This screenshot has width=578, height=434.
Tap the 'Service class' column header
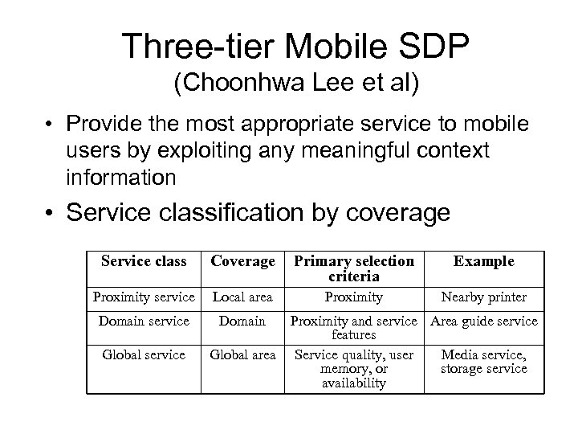pyautogui.click(x=144, y=261)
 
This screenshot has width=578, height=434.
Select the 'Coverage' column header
pyautogui.click(x=242, y=261)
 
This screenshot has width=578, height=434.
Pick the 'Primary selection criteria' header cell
pyautogui.click(x=354, y=268)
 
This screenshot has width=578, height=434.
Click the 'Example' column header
pyautogui.click(x=483, y=261)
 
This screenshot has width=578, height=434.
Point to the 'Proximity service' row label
pyautogui.click(x=144, y=297)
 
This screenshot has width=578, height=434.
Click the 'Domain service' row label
pyautogui.click(x=144, y=321)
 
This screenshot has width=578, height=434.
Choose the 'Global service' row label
pyautogui.click(x=144, y=354)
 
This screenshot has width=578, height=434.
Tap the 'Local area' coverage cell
pyautogui.click(x=242, y=297)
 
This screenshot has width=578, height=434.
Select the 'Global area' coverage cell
pyautogui.click(x=242, y=354)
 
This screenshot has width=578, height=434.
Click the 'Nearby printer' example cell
pyautogui.click(x=483, y=297)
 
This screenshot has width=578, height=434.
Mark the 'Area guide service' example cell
pyautogui.click(x=484, y=321)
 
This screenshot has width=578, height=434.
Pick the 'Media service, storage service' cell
pyautogui.click(x=483, y=361)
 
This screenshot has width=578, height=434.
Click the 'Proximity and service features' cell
pyautogui.click(x=354, y=328)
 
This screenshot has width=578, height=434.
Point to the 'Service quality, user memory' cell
pyautogui.click(x=354, y=368)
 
